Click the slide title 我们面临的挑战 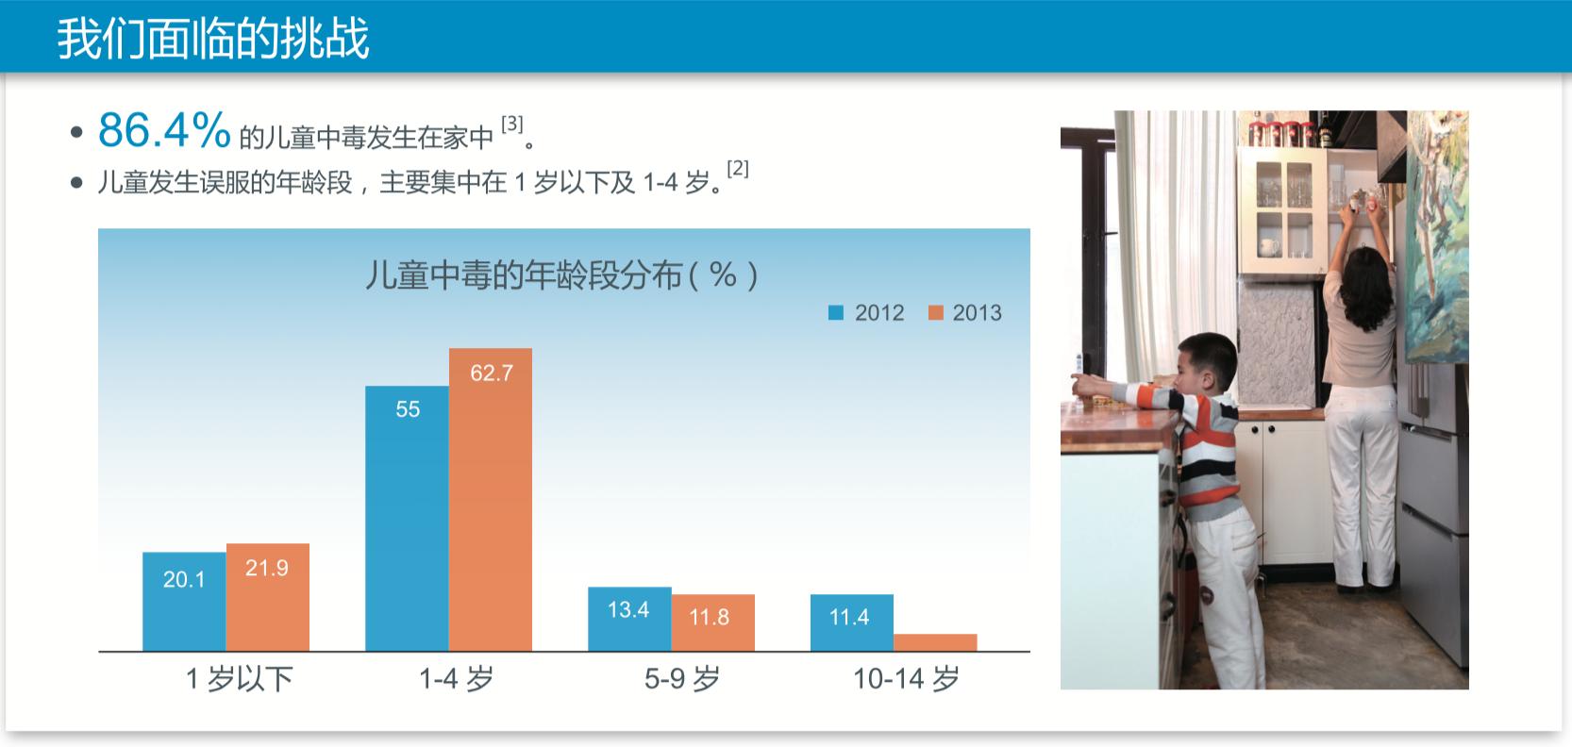pyautogui.click(x=213, y=39)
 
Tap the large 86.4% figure pyautogui.click(x=164, y=130)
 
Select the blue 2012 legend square pyautogui.click(x=836, y=313)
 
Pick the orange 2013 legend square pyautogui.click(x=936, y=313)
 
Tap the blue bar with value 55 pyautogui.click(x=407, y=519)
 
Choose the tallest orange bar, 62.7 pyautogui.click(x=490, y=500)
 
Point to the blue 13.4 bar pyautogui.click(x=629, y=619)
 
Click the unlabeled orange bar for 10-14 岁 pyautogui.click(x=935, y=642)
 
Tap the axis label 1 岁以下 pyautogui.click(x=239, y=678)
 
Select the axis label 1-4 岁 pyautogui.click(x=456, y=678)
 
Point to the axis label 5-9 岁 pyautogui.click(x=681, y=678)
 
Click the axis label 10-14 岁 pyautogui.click(x=906, y=678)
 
